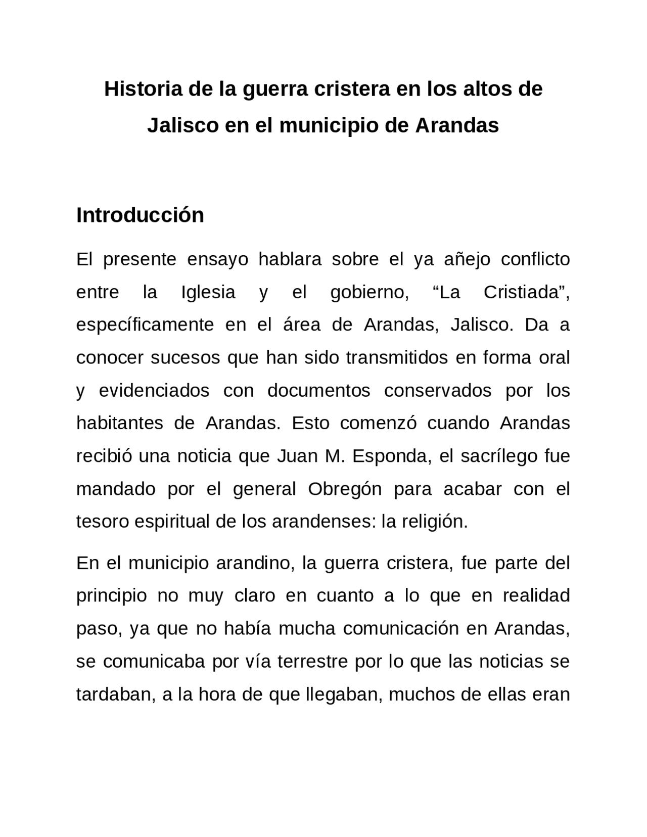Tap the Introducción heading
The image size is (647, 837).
tap(140, 215)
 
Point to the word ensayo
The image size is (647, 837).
tap(218, 259)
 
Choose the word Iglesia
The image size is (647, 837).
tap(208, 292)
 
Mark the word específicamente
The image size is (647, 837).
tap(145, 325)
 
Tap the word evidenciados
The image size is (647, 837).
tap(154, 391)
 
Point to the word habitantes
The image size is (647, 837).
tap(120, 423)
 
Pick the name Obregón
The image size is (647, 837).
tap(345, 489)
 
